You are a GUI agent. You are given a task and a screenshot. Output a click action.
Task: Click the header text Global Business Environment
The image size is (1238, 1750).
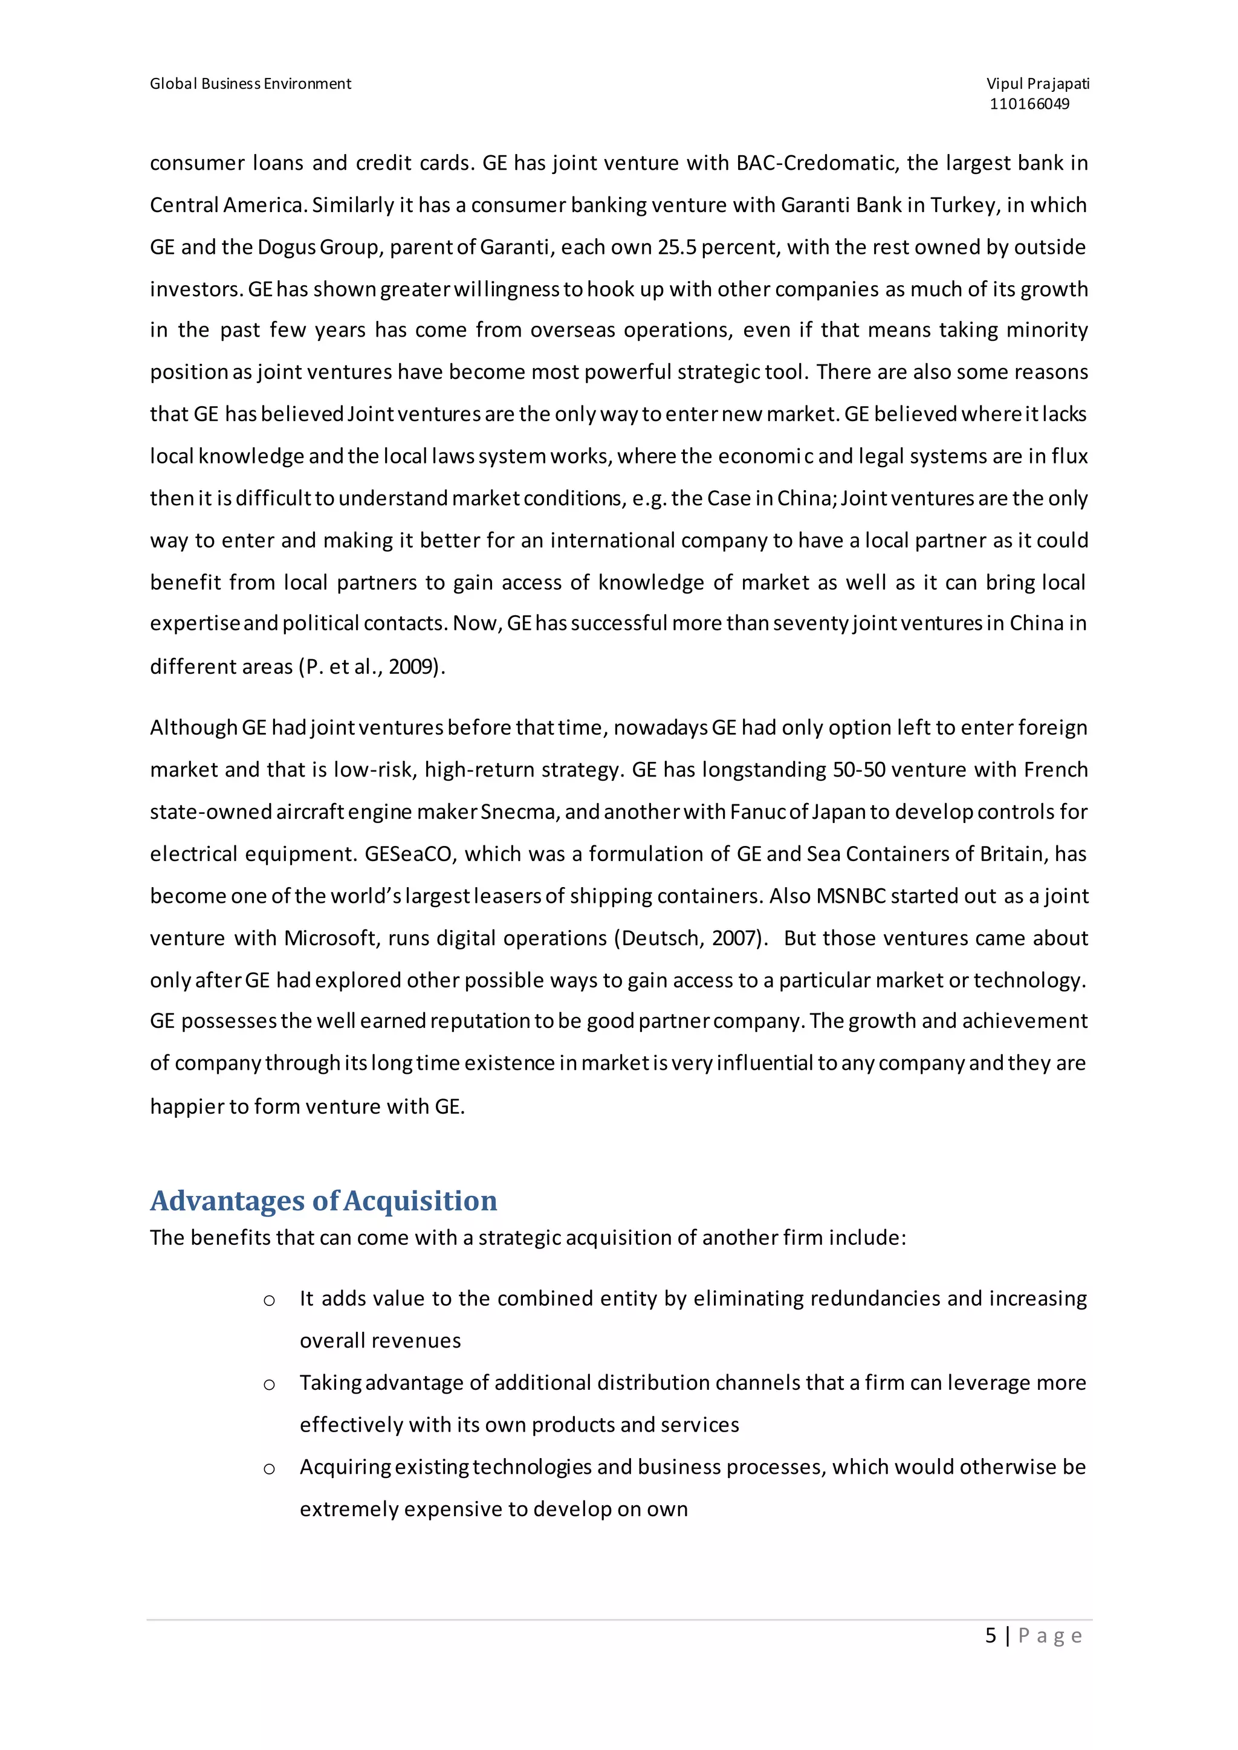click(250, 84)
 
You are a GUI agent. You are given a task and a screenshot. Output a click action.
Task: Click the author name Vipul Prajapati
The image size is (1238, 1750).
click(1037, 84)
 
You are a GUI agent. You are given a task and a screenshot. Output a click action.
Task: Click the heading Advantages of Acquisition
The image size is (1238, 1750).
click(323, 1201)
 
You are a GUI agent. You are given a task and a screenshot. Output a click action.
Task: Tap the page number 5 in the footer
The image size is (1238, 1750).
click(990, 1636)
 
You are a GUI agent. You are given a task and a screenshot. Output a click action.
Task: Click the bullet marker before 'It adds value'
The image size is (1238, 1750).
click(269, 1301)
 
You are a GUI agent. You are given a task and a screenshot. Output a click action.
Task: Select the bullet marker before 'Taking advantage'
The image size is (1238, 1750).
click(269, 1385)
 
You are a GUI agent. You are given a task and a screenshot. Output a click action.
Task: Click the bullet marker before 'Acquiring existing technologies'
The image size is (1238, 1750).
click(269, 1469)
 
